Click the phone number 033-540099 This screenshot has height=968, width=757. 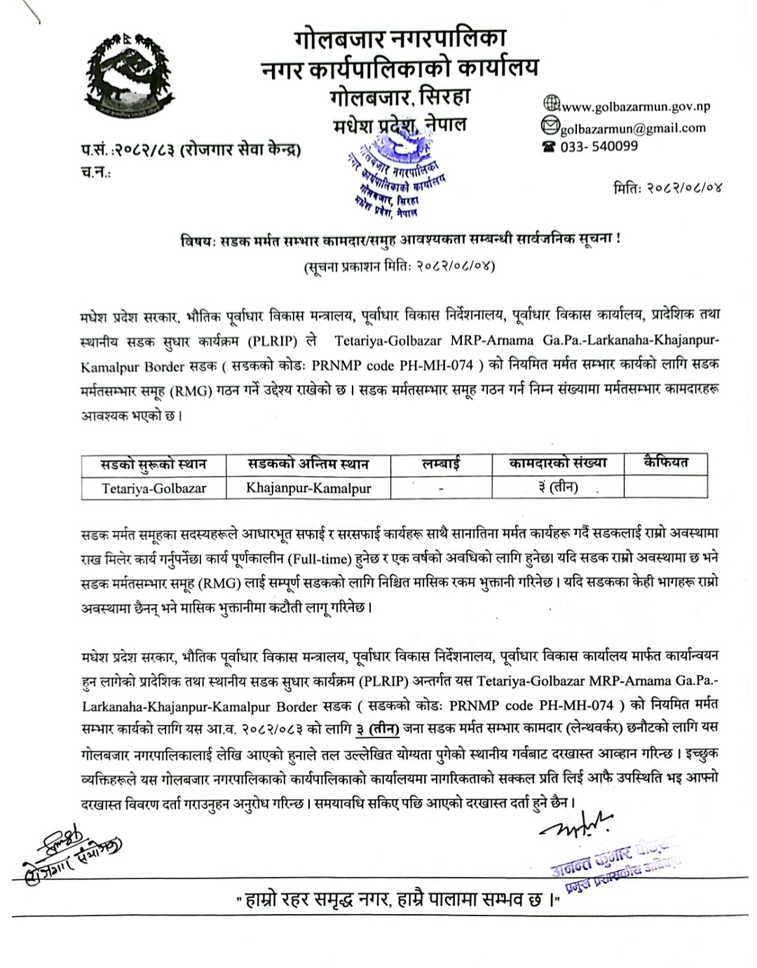[x=599, y=146]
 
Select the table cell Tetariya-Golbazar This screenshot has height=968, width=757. [x=154, y=488]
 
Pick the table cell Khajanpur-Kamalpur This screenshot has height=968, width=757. [x=308, y=488]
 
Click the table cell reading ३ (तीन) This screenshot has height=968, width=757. [x=558, y=487]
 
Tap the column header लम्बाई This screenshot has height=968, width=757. [x=442, y=464]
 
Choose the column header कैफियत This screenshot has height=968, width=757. [x=665, y=463]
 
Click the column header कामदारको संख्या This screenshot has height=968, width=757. [x=558, y=463]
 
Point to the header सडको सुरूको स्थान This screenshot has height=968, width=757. [x=153, y=464]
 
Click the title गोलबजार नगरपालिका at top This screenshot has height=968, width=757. [x=400, y=37]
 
